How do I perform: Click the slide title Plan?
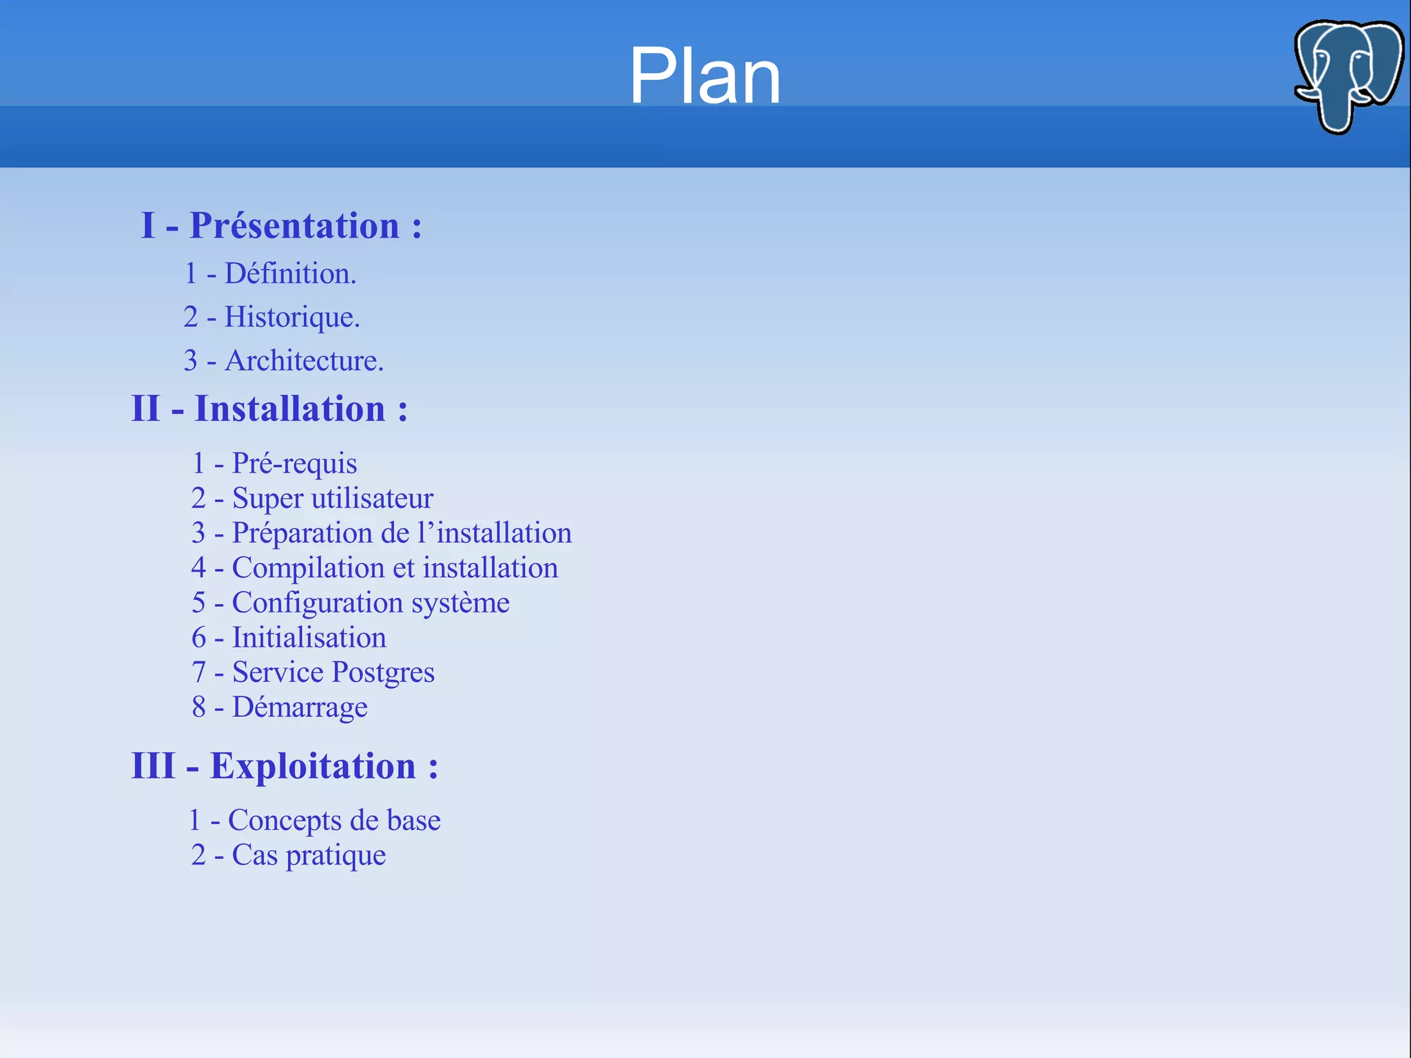coord(705,76)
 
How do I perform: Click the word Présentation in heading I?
coord(294,225)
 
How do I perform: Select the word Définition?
coord(290,273)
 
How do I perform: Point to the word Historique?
coord(291,318)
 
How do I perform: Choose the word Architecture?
coord(304,361)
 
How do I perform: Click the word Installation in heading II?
coord(289,408)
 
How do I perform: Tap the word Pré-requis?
coord(294,464)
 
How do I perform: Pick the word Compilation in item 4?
coord(308,568)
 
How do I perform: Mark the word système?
coord(460,603)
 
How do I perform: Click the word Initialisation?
coord(309,637)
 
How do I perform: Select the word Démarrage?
coord(300,707)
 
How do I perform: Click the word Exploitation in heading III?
coord(313,766)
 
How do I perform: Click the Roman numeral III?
coord(153,766)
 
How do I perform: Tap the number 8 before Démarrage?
coord(198,707)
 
